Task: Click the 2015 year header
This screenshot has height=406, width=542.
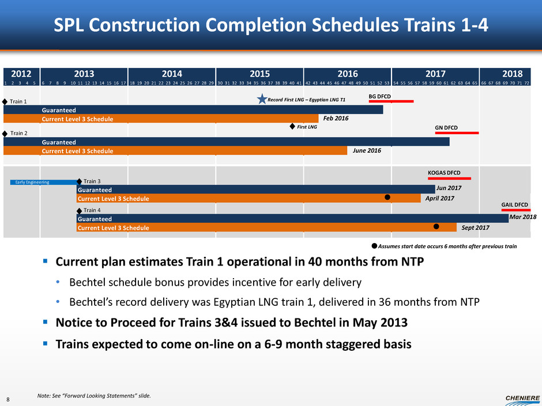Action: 259,74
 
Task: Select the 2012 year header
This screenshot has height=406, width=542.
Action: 21,74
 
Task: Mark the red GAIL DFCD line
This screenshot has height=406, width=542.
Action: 515,210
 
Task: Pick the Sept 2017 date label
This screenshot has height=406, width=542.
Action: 476,227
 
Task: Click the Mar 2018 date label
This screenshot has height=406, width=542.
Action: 524,218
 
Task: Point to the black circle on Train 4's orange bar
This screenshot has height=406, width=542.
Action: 436,226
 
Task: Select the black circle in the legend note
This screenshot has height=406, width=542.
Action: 374,246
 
